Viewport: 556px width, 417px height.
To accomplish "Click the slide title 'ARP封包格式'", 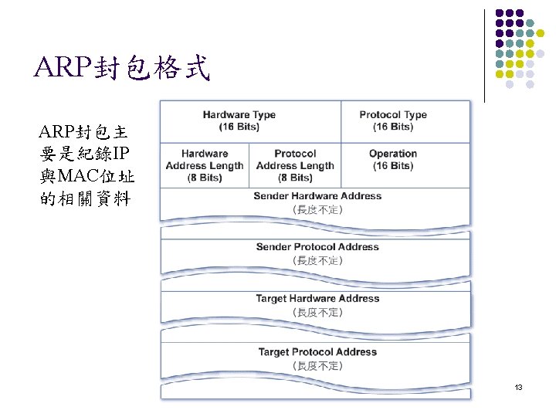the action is click(x=122, y=69).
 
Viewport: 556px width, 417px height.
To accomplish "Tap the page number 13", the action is click(x=518, y=386).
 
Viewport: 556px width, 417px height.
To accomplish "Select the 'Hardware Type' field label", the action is click(x=239, y=115).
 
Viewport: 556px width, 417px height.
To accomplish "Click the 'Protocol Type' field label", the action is click(x=393, y=115).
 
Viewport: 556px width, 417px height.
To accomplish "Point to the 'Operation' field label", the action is click(x=392, y=154).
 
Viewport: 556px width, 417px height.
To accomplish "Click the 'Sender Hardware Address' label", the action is click(x=317, y=196).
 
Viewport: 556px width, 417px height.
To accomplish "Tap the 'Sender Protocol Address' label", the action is click(x=317, y=247).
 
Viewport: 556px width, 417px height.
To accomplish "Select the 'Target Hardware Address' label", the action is click(x=317, y=299).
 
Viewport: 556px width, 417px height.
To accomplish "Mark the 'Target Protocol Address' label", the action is click(x=317, y=352).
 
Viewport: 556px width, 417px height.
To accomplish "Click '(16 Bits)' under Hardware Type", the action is click(x=239, y=127).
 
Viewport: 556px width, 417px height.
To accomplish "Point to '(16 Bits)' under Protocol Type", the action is click(x=393, y=127).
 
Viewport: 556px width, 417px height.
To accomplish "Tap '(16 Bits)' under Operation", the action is click(x=392, y=165).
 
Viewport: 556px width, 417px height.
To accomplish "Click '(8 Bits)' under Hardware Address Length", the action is click(x=205, y=178).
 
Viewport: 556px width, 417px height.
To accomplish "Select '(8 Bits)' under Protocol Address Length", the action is click(x=295, y=178).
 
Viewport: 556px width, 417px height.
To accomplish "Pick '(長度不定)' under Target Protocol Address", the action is click(x=317, y=365).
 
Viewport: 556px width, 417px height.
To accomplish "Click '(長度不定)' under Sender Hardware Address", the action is click(x=317, y=209).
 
